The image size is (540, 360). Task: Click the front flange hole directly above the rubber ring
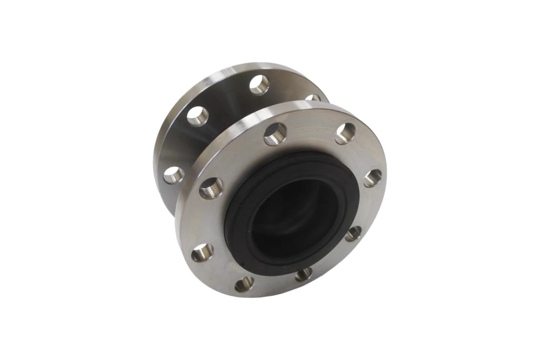275,134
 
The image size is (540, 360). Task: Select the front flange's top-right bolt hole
345,133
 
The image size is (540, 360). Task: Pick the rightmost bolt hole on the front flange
373,177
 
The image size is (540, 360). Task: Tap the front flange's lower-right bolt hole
354,234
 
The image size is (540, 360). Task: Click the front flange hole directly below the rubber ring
304,274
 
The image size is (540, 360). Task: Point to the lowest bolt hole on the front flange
244,283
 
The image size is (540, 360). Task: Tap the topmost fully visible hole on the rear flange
259,85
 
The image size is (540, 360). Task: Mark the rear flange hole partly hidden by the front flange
312,98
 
